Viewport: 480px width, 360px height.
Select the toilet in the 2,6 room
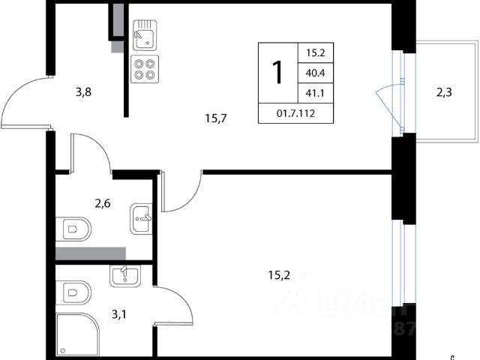click(x=73, y=227)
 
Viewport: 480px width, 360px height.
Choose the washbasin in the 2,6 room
click(x=141, y=217)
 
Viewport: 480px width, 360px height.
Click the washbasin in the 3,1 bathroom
click(x=123, y=276)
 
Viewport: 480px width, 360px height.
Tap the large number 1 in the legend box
click(x=277, y=73)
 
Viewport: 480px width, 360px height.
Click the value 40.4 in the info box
click(x=315, y=73)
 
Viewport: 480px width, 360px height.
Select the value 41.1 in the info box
click(x=315, y=94)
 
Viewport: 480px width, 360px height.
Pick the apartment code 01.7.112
click(x=296, y=115)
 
